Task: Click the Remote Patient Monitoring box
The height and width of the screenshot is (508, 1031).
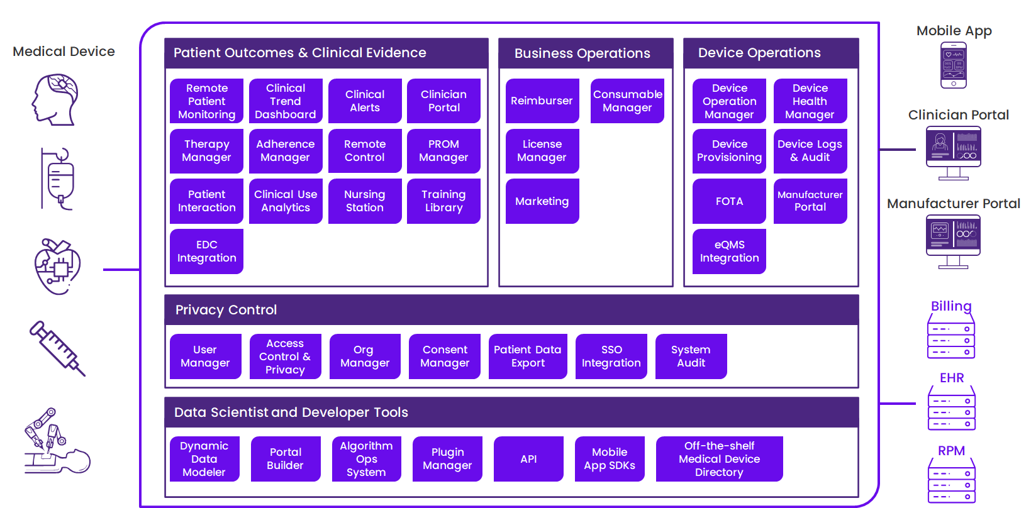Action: pyautogui.click(x=206, y=101)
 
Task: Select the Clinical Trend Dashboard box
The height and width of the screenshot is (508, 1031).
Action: pyautogui.click(x=286, y=101)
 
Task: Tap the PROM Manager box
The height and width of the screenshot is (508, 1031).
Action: pyautogui.click(x=443, y=151)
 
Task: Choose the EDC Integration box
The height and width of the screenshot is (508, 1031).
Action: pyautogui.click(x=206, y=251)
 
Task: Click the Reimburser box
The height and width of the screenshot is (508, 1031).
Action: pyautogui.click(x=542, y=101)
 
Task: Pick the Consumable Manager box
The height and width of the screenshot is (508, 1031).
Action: pyautogui.click(x=627, y=101)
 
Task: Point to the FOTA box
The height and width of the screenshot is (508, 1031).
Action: pyautogui.click(x=729, y=201)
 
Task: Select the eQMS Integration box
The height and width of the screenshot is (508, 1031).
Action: pyautogui.click(x=729, y=251)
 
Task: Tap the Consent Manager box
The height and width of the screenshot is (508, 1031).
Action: pyautogui.click(x=445, y=356)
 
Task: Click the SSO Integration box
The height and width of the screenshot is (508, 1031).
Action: pyautogui.click(x=611, y=356)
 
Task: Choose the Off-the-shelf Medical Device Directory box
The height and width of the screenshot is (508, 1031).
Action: pyautogui.click(x=719, y=459)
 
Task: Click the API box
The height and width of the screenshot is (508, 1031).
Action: pyautogui.click(x=528, y=459)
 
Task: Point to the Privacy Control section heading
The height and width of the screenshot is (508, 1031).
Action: pyautogui.click(x=226, y=310)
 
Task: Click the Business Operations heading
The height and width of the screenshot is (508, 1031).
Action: pyautogui.click(x=582, y=53)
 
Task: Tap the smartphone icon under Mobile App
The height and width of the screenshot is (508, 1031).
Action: pyautogui.click(x=954, y=65)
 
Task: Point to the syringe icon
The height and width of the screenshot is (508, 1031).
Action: pyautogui.click(x=57, y=348)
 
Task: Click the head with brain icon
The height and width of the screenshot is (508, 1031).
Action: pyautogui.click(x=56, y=99)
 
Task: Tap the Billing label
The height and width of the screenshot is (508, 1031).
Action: pyautogui.click(x=951, y=306)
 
